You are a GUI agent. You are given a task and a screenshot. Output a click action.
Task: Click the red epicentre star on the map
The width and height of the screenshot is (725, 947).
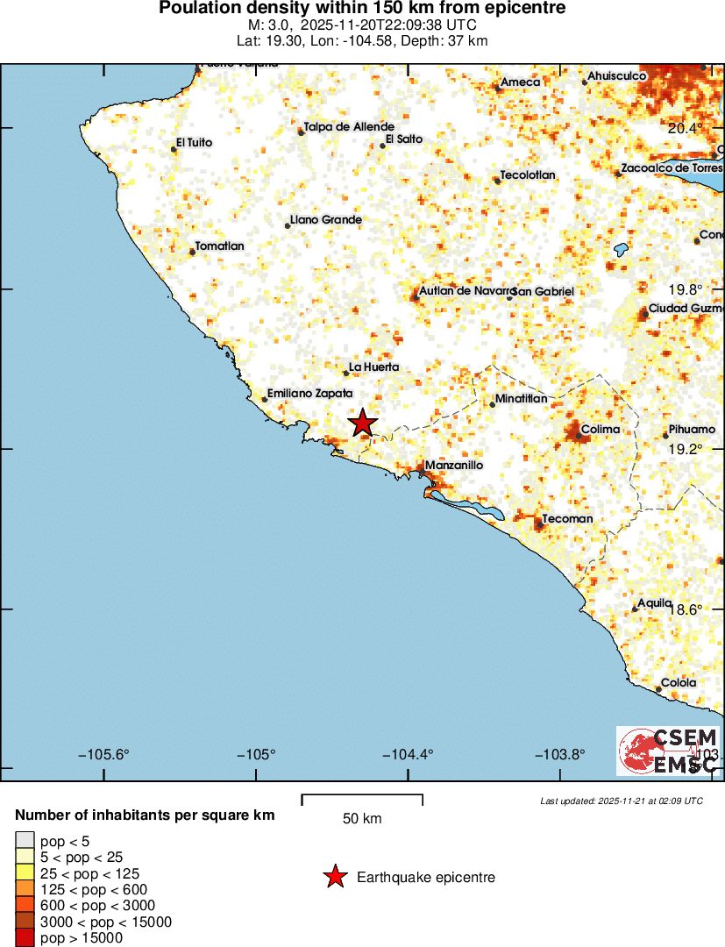[362, 424]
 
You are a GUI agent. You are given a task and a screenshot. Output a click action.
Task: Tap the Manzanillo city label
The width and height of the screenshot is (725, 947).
[454, 466]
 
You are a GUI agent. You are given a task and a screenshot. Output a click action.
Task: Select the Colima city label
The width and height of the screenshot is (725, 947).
[601, 430]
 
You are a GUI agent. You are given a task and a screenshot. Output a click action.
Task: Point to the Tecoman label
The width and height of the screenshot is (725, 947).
[567, 518]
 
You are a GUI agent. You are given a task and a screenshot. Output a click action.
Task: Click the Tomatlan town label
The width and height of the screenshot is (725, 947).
[219, 246]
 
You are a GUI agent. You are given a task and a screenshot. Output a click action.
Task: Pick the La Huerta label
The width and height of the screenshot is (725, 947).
[374, 367]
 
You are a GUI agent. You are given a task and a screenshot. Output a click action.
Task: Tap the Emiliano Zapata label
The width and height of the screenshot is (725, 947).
[309, 394]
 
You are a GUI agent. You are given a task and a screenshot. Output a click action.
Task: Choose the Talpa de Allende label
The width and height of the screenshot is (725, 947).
[349, 126]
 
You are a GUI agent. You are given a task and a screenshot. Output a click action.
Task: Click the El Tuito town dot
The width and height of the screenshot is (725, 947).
[174, 150]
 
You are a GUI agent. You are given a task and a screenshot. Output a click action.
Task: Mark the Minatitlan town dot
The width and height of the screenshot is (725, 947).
[493, 404]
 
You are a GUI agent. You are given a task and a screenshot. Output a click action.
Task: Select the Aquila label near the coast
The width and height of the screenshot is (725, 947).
[654, 603]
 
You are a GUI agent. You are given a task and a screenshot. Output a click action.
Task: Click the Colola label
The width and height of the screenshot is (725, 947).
[679, 683]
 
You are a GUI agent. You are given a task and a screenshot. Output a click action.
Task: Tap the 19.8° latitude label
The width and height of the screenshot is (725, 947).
[686, 289]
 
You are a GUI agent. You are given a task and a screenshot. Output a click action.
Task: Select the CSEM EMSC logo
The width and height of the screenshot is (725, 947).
[669, 751]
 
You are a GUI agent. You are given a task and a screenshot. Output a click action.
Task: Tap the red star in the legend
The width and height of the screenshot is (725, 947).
[335, 877]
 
